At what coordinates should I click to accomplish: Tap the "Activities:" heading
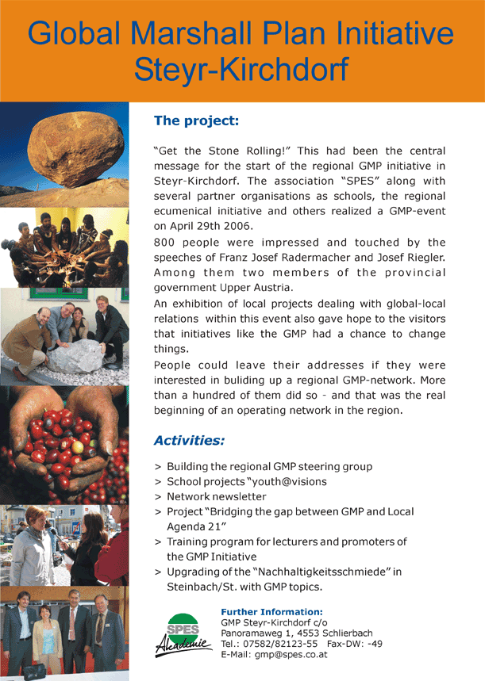(x=189, y=439)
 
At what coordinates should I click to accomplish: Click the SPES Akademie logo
(x=183, y=634)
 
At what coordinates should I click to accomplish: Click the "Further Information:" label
(x=271, y=611)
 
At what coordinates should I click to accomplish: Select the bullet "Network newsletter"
(x=216, y=496)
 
